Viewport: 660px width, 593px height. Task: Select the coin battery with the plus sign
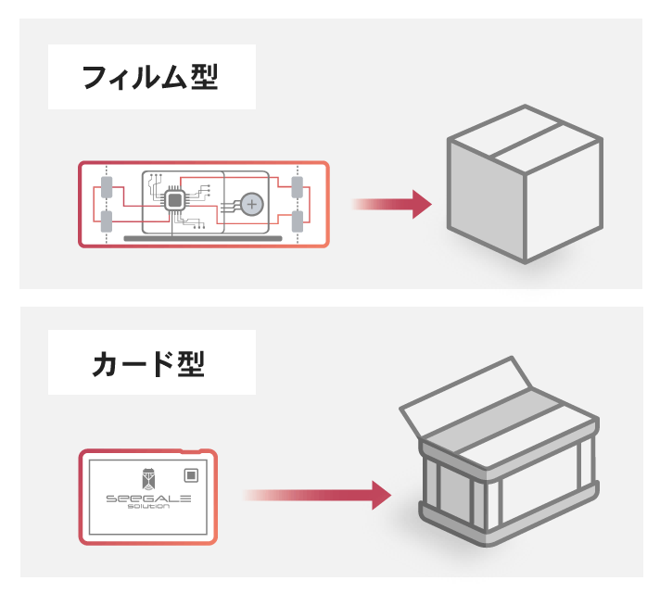point(251,203)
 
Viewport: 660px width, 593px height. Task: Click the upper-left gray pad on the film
point(107,187)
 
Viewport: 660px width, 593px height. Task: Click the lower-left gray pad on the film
point(107,221)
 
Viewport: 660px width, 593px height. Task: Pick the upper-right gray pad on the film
point(298,187)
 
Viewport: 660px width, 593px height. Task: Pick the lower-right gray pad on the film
point(298,221)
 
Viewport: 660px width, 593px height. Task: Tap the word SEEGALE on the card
point(147,498)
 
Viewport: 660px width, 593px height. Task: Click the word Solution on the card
point(147,508)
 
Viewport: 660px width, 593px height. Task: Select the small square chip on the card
point(191,475)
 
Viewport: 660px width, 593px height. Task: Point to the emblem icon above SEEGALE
point(147,476)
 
